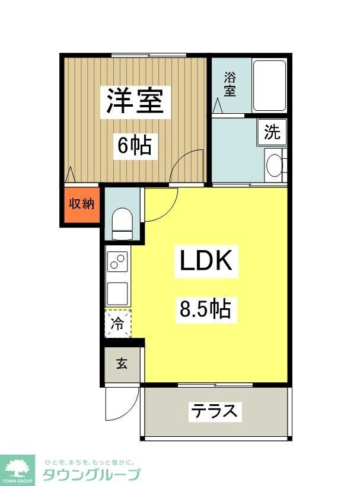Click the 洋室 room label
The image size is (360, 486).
(135, 100)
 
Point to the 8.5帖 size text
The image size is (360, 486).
(205, 308)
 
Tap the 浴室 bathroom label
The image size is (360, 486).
(230, 84)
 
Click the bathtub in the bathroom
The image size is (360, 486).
(269, 85)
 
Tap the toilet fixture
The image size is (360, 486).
(122, 222)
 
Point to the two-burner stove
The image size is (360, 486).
(118, 263)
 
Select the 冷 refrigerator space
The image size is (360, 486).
(118, 324)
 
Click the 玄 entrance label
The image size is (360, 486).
(121, 363)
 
